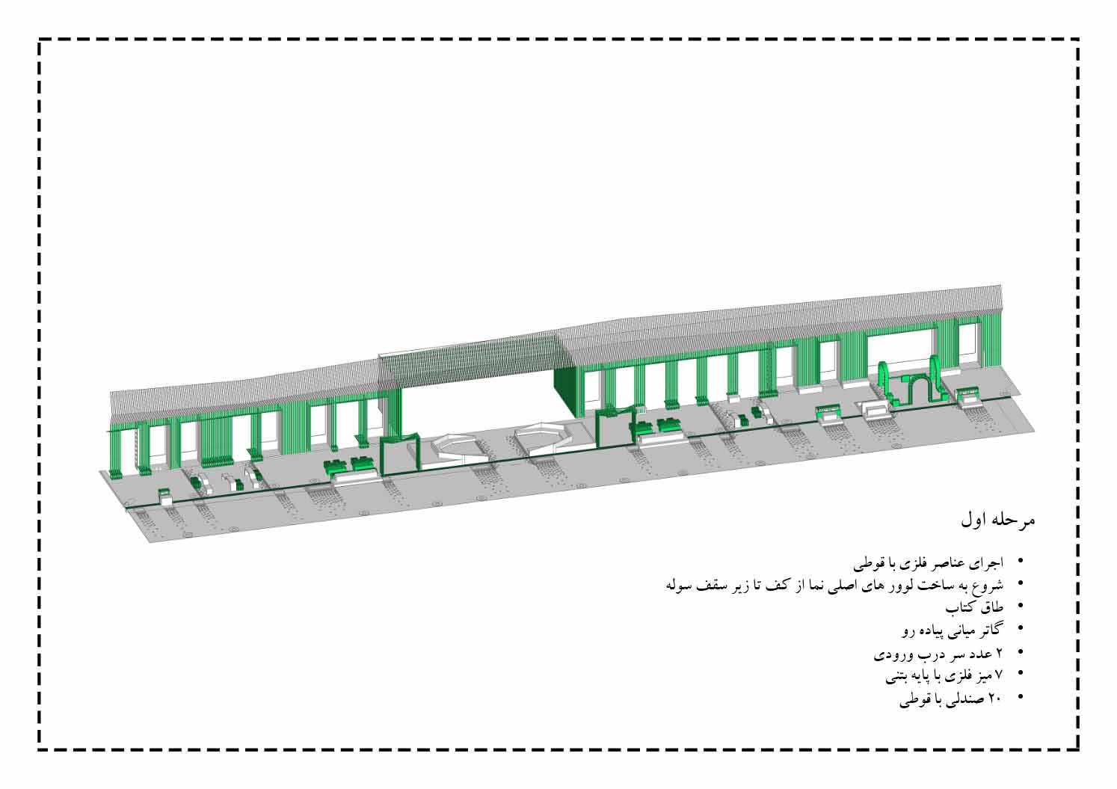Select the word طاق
pyautogui.click(x=991, y=607)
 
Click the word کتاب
pyautogui.click(x=961, y=607)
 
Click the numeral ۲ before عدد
pyautogui.click(x=998, y=652)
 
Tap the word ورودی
pyautogui.click(x=890, y=654)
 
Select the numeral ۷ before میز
pyautogui.click(x=998, y=675)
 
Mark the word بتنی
pyautogui.click(x=899, y=676)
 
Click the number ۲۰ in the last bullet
pyautogui.click(x=995, y=698)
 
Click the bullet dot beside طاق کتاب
pyautogui.click(x=1021, y=607)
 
